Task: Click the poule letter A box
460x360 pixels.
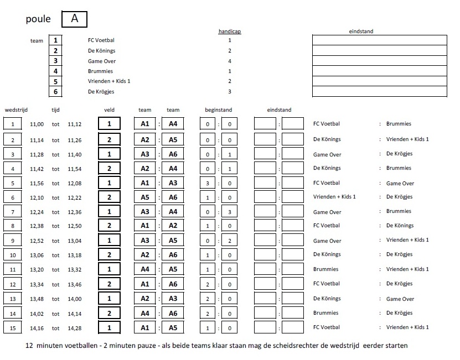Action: pos(74,19)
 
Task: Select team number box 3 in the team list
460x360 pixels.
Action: pos(55,61)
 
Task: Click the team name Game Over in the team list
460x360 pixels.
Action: pos(102,61)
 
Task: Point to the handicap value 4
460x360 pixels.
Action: pos(229,61)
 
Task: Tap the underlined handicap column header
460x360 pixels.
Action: pos(229,32)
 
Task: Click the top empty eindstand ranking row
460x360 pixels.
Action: pos(379,40)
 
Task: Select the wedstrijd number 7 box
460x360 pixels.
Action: pos(13,211)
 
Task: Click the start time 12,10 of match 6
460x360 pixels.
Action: pos(37,197)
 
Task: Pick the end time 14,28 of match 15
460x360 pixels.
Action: pos(75,327)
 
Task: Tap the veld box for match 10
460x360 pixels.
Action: pos(110,255)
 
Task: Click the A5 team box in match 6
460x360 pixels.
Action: pos(145,197)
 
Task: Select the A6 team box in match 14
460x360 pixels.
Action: pos(172,313)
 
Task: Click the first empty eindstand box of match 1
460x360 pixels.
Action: pos(265,124)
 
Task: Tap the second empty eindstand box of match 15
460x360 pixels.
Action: pos(293,327)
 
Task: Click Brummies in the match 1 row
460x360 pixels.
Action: pos(399,124)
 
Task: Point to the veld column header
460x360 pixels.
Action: pos(110,110)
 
